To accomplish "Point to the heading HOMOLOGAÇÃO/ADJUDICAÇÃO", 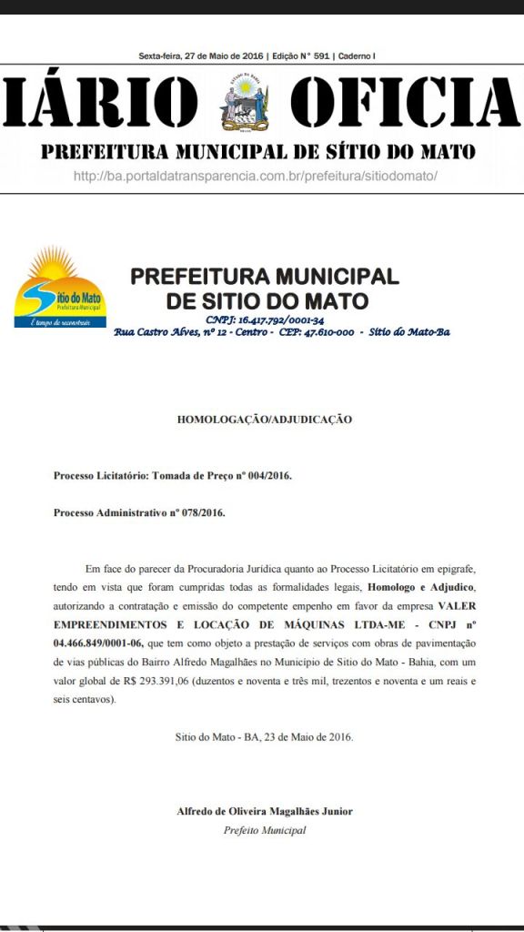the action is point(264,420).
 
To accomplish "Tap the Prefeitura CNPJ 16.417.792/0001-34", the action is point(266,319).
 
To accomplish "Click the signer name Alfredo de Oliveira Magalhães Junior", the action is point(265,811).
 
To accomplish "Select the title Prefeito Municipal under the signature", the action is point(265,830).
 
